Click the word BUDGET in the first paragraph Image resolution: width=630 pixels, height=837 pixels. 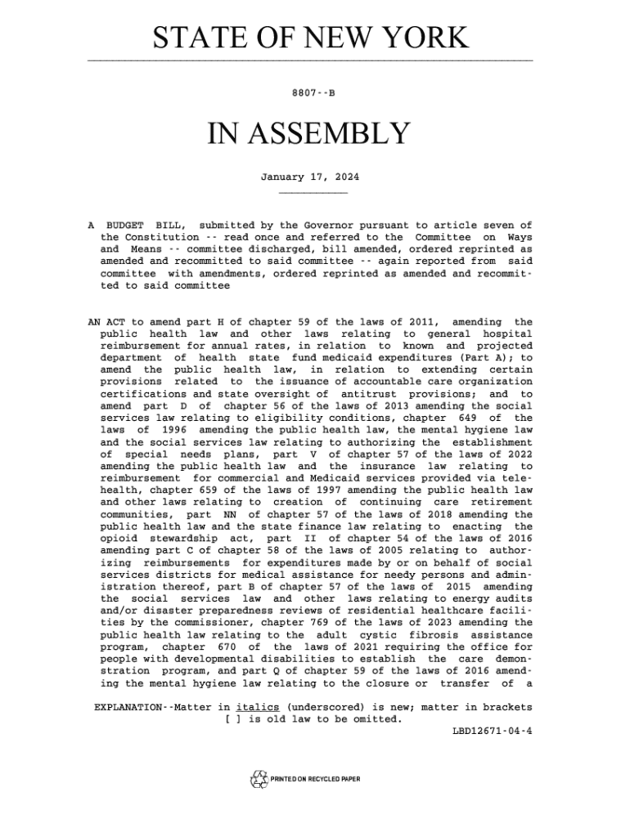[125, 225]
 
